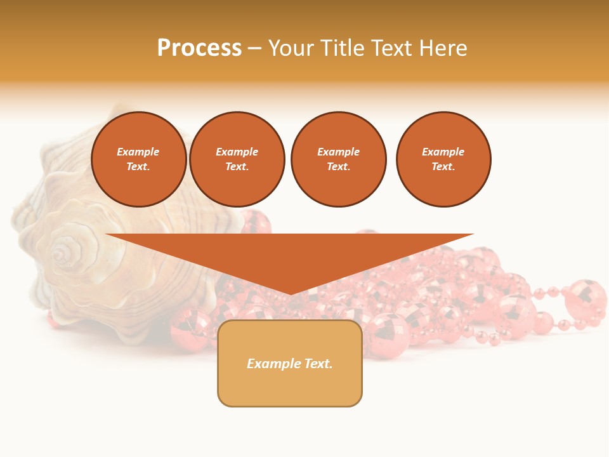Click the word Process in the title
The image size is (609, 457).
click(x=199, y=48)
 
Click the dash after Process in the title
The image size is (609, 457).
click(x=255, y=49)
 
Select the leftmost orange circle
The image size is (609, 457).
click(x=138, y=159)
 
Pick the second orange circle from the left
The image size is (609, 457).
click(x=237, y=159)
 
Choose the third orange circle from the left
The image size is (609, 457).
click(x=338, y=159)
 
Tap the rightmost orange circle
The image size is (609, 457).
click(x=443, y=159)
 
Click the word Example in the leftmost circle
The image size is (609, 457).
click(x=138, y=152)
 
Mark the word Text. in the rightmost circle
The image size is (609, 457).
click(x=443, y=166)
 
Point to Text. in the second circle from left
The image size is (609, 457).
click(x=237, y=166)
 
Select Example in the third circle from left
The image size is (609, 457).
click(x=338, y=152)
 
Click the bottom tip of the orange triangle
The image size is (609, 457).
click(x=291, y=293)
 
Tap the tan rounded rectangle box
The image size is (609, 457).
click(x=290, y=387)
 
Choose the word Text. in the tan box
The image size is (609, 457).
click(x=318, y=364)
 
